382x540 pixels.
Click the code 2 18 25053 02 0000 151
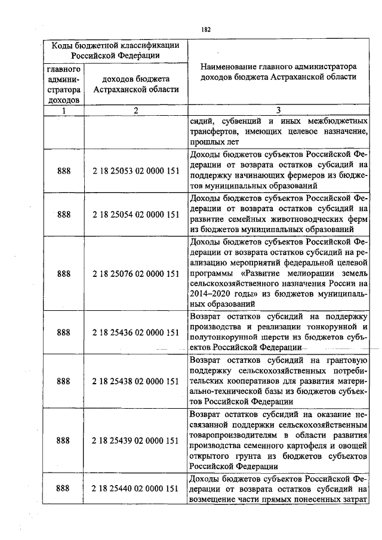tap(136, 171)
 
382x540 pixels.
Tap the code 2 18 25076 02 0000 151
tap(136, 274)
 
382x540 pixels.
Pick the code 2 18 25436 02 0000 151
tap(136, 332)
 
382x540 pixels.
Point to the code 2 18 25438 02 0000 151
tap(136, 381)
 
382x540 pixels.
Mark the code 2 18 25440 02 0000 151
tap(136, 489)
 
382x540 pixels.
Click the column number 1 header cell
tap(63, 110)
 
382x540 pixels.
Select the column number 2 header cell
tap(136, 110)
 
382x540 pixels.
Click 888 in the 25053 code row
tap(63, 171)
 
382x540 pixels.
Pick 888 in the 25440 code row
tap(63, 489)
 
